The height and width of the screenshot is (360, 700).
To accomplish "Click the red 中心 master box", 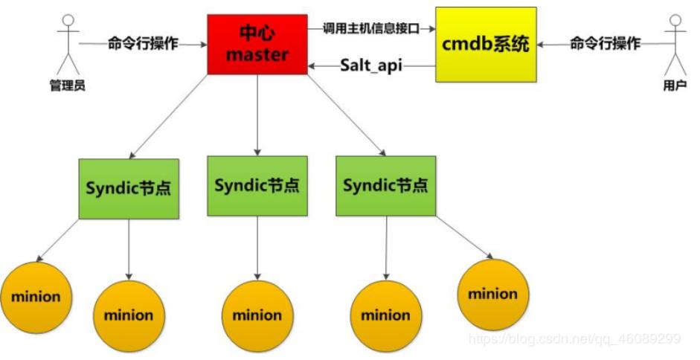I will coord(257,45).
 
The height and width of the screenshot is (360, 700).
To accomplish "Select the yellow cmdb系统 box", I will coord(486,44).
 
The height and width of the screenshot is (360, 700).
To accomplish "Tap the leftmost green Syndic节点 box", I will coord(128,188).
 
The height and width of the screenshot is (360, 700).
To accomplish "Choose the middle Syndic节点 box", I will coord(257,186).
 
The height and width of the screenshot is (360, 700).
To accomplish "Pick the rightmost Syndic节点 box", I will coord(385,186).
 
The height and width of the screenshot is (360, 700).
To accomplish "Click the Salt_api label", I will coord(371,65).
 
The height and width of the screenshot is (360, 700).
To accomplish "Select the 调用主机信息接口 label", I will coord(370,28).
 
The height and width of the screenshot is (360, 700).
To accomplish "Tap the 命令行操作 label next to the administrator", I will coord(143,44).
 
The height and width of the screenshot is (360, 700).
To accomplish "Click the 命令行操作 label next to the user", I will coord(605,44).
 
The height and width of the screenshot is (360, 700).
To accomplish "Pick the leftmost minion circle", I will coord(35,297).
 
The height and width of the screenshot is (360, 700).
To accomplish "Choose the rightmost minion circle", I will coord(492,294).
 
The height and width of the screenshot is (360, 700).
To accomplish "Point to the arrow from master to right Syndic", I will coord(347,115).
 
